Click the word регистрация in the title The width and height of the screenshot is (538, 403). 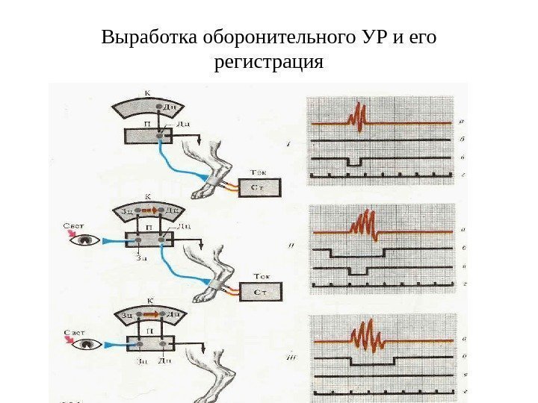(269, 63)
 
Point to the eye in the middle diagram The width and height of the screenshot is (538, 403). (88, 240)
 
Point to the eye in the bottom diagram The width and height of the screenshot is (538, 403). (90, 344)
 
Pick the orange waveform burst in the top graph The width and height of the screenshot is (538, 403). (356, 118)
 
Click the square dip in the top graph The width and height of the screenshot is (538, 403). (353, 161)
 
